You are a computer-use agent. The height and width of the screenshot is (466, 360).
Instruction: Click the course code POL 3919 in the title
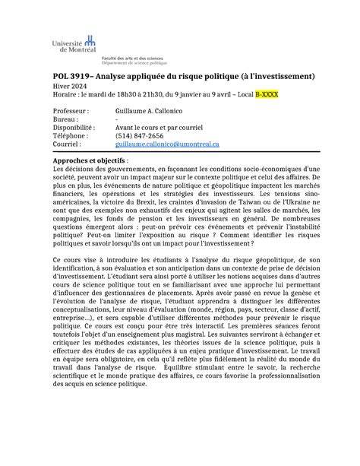click(x=74, y=77)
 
